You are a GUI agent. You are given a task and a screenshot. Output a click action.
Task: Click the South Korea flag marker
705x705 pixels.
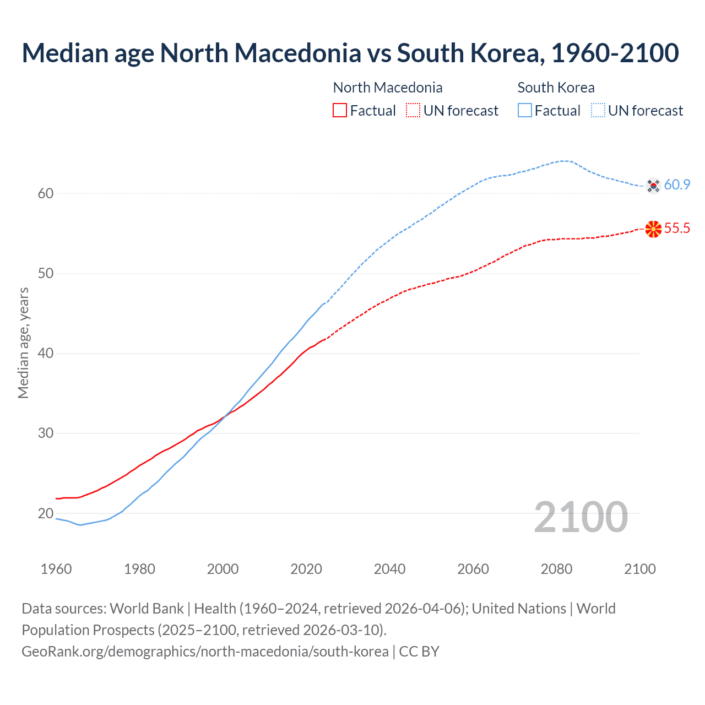click(x=653, y=186)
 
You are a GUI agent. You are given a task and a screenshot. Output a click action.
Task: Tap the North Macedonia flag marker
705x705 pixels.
click(x=653, y=229)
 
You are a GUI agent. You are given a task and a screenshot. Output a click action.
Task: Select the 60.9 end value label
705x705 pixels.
click(x=677, y=185)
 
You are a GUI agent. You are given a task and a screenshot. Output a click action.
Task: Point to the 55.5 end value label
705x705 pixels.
click(x=677, y=229)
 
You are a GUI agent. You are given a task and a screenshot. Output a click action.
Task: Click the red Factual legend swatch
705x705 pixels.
click(x=340, y=111)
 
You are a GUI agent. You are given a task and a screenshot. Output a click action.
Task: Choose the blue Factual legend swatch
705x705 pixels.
click(x=525, y=111)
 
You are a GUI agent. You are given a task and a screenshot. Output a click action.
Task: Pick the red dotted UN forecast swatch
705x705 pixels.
click(x=413, y=111)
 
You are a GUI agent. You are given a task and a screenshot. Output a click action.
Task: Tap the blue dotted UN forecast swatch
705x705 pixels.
click(x=598, y=111)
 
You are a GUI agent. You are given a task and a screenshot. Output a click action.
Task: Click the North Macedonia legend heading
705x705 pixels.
click(x=388, y=88)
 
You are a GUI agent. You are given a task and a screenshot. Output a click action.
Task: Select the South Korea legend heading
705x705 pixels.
click(x=556, y=88)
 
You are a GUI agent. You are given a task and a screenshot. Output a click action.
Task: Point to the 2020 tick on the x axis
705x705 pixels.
click(x=306, y=569)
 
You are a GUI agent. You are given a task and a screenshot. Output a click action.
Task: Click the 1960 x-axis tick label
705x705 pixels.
click(x=56, y=569)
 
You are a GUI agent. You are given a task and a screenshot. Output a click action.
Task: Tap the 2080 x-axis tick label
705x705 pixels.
click(x=556, y=569)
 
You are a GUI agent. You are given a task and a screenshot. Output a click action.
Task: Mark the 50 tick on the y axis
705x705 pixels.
click(x=46, y=274)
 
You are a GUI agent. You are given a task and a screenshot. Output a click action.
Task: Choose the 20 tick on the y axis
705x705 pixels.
click(x=46, y=513)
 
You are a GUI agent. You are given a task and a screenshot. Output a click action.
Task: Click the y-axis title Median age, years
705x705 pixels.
click(x=23, y=343)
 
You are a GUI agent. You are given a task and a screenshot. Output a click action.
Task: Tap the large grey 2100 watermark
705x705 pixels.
click(x=581, y=517)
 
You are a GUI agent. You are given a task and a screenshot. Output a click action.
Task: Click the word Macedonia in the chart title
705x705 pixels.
click(x=298, y=53)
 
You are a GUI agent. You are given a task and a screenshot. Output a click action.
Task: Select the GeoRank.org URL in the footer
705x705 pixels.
click(x=205, y=652)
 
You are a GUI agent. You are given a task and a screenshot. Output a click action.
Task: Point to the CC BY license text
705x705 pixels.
click(x=419, y=652)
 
